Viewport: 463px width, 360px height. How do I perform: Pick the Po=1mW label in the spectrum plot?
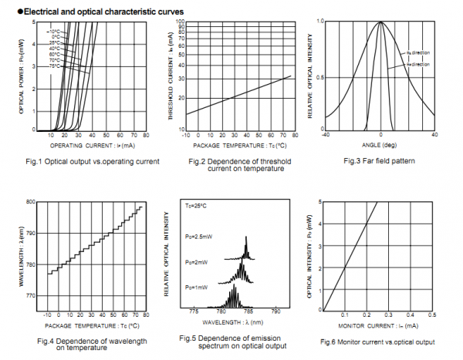(x=196, y=287)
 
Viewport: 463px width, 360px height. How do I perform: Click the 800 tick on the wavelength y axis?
(x=32, y=202)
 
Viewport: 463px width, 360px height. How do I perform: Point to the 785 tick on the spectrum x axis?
(x=247, y=312)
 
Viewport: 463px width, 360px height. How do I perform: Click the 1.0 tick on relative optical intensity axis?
(x=319, y=22)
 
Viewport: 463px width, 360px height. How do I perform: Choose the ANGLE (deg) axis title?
(x=379, y=145)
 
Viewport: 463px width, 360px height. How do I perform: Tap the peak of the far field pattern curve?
(x=380, y=22)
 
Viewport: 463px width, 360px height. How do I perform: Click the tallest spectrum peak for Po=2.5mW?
(x=246, y=237)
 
